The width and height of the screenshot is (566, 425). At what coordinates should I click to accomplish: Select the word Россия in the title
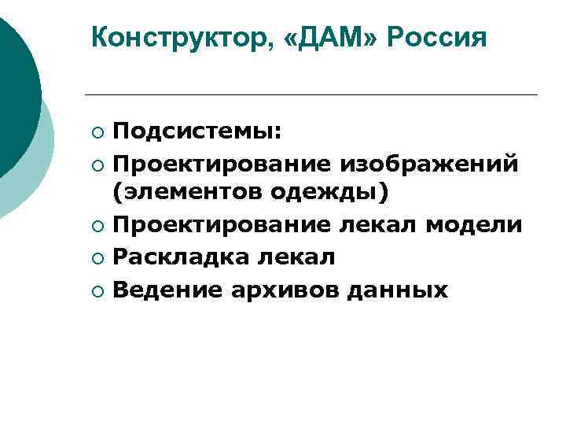coord(436,37)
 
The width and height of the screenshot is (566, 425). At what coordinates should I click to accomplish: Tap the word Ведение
coord(167,290)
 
